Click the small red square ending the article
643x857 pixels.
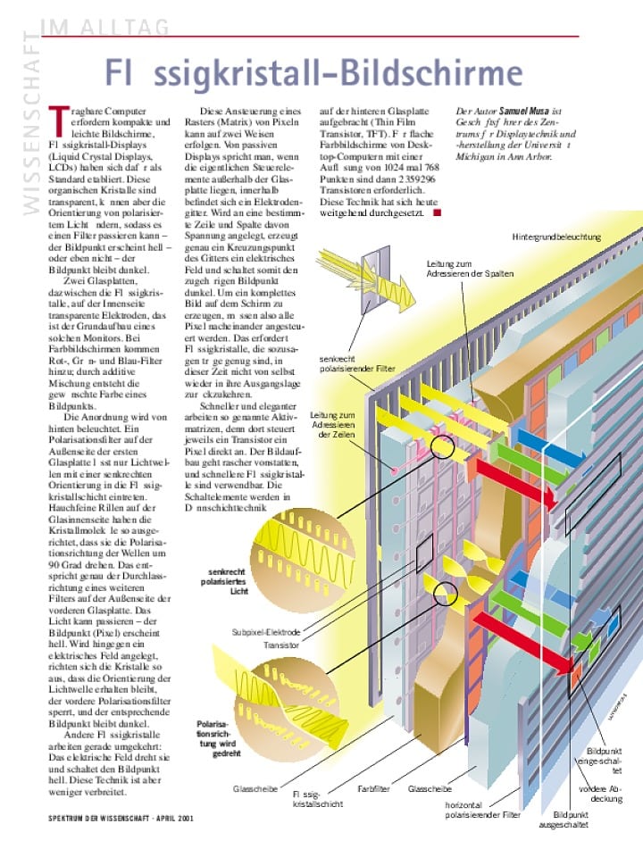(x=436, y=212)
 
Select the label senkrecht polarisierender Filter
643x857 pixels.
(x=356, y=363)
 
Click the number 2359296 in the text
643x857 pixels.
(x=408, y=179)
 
